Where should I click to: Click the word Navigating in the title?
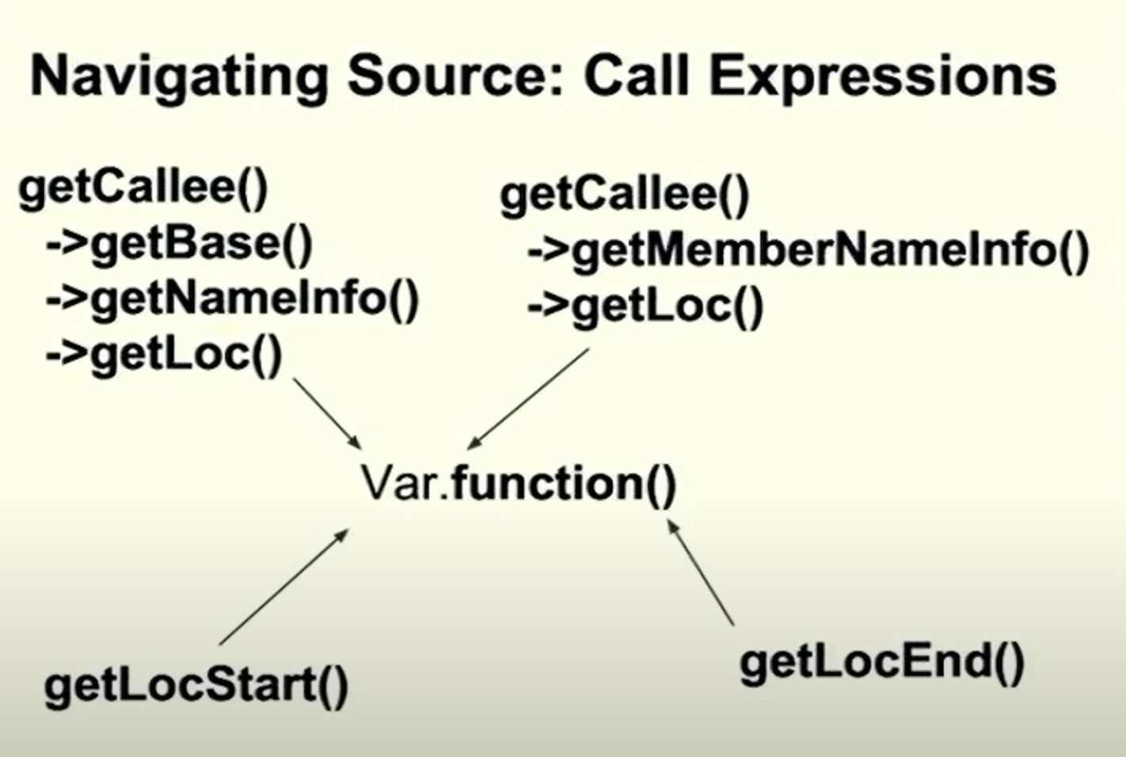coord(178,77)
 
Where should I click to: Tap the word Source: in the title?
coord(455,77)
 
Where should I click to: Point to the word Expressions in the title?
coord(881,77)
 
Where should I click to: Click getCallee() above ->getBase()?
coord(143,188)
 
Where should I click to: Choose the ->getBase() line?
coord(180,244)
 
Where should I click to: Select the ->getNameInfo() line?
coord(232,299)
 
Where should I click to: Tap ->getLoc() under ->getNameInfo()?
coord(164,355)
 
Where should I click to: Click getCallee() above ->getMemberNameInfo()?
coord(624,195)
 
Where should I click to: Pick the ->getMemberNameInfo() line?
coord(808,251)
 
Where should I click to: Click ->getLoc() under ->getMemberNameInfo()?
coord(645,307)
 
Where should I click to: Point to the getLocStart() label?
coord(196,685)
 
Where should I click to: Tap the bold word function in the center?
coord(547,483)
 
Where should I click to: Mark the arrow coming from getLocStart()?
coord(283,587)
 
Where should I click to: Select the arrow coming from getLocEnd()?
coord(701,572)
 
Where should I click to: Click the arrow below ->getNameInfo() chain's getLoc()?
coord(327,413)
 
